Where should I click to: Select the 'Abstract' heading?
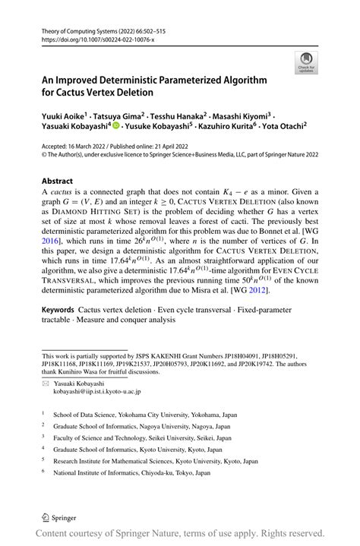click(57, 181)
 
